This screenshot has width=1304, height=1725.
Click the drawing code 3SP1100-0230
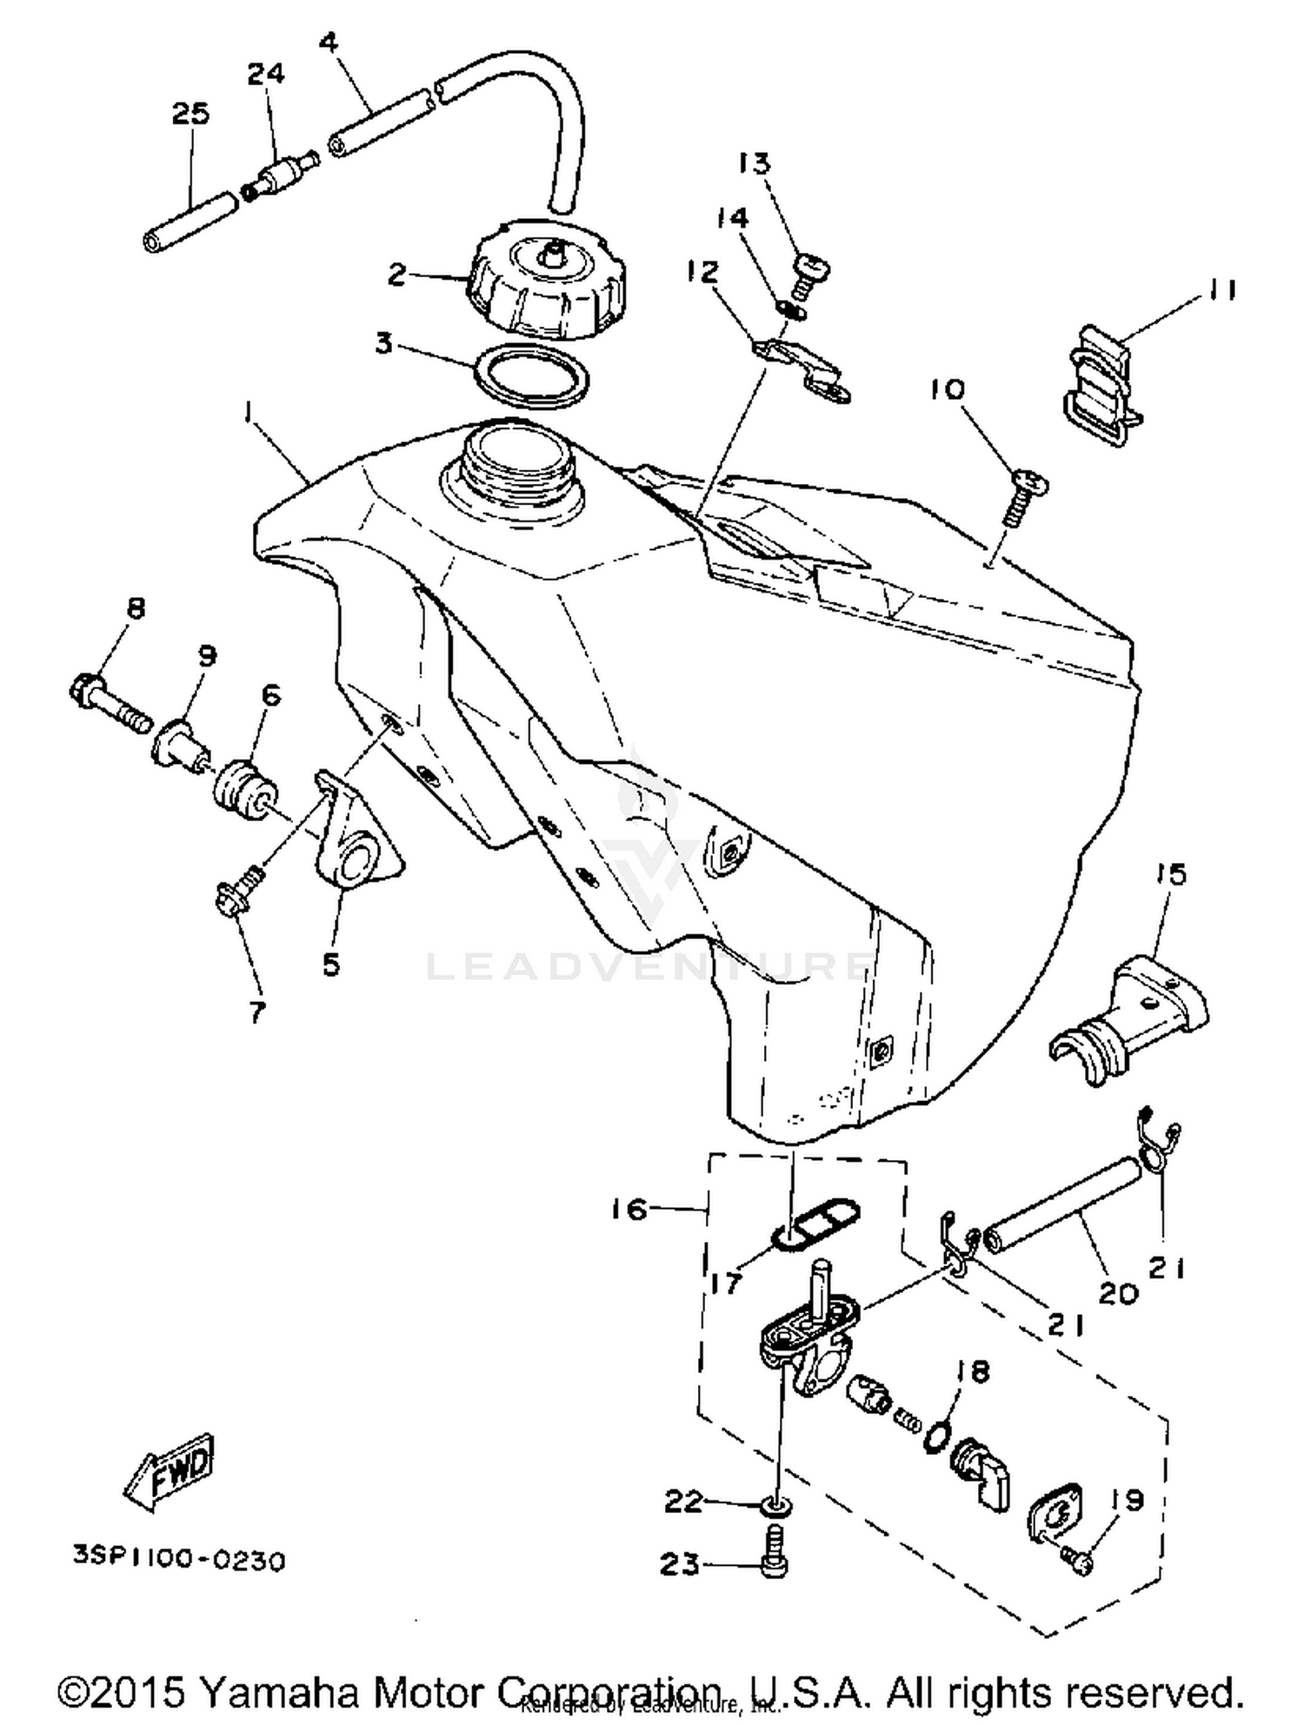pyautogui.click(x=179, y=1562)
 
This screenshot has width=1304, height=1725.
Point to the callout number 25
pyautogui.click(x=190, y=114)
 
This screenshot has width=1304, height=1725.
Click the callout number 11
pyautogui.click(x=1221, y=289)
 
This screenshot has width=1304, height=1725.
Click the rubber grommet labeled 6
pyautogui.click(x=245, y=786)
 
